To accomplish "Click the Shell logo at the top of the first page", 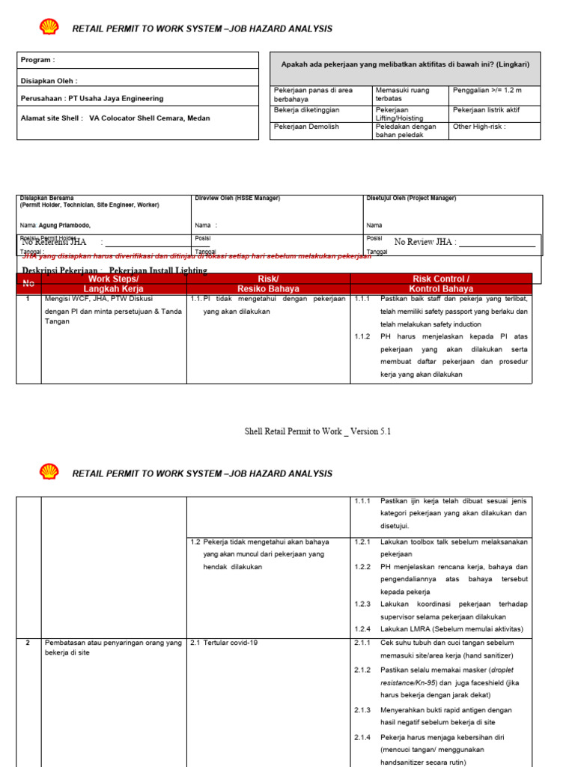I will pos(49,28).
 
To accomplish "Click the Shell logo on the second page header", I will pos(49,473).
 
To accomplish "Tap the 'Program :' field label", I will pos(37,60).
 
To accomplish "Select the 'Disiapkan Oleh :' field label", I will pos(49,80).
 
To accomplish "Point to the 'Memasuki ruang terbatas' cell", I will pos(402,94).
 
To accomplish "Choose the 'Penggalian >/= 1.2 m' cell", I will pos(487,90).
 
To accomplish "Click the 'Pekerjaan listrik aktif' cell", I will pos(486,110).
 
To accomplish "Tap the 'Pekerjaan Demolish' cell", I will pos(307,127).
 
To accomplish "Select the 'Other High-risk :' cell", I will pos(479,127).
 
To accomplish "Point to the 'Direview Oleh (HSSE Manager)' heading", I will pos(237,198).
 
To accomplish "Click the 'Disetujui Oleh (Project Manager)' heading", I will pos(411,198).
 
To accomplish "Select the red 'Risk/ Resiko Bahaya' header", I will pos(268,283).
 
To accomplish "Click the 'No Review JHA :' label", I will pos(425,242).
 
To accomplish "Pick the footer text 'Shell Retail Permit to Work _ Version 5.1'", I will pos(318,431).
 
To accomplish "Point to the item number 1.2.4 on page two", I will pos(362,628).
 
